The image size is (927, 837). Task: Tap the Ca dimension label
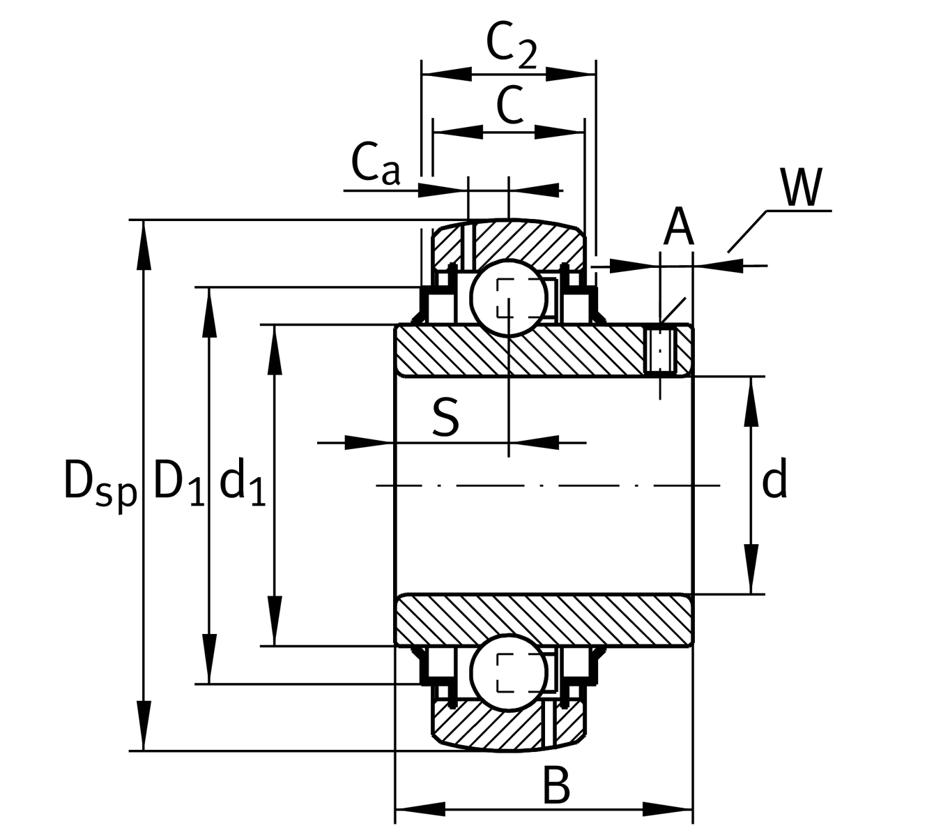(376, 165)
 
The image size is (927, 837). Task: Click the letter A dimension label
(677, 227)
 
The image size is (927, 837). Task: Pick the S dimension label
(446, 416)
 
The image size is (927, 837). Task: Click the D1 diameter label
(178, 481)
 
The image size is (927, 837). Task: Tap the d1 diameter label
(242, 481)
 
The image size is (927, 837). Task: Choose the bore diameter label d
(774, 480)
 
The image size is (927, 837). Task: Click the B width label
(556, 786)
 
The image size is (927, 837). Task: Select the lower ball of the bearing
(508, 672)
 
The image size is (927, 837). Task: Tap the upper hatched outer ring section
(530, 244)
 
